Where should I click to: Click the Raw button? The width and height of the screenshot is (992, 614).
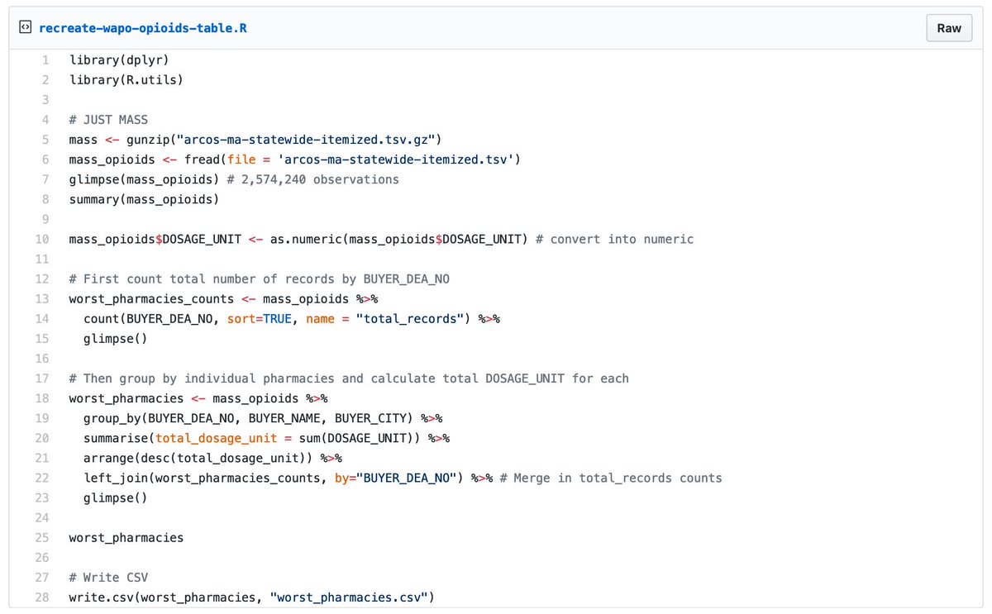pos(948,28)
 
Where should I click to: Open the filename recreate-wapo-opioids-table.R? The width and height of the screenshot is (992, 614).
pos(143,28)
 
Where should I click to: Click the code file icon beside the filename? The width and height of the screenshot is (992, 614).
pos(25,27)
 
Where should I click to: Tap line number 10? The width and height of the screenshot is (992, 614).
pos(41,239)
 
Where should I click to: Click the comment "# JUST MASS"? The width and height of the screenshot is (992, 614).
pos(108,120)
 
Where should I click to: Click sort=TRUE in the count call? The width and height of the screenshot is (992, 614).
pos(260,319)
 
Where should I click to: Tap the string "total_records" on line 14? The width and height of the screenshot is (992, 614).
pos(408,319)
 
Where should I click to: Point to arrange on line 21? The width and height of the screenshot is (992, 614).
pos(108,458)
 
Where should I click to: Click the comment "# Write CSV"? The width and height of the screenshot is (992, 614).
pos(108,578)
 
